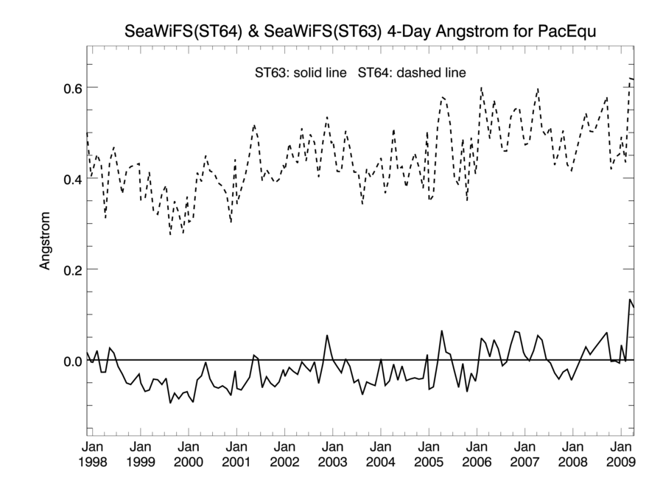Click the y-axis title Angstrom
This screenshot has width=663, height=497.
(46, 241)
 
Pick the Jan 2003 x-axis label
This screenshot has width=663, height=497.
(332, 454)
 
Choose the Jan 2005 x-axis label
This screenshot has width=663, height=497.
(428, 454)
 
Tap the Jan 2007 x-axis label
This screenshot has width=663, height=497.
(524, 454)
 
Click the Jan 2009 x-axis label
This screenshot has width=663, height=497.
(620, 454)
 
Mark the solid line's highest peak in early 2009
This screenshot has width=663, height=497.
(630, 300)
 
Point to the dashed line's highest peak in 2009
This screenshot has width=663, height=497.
(631, 78)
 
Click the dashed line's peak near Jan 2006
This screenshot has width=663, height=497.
(481, 88)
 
